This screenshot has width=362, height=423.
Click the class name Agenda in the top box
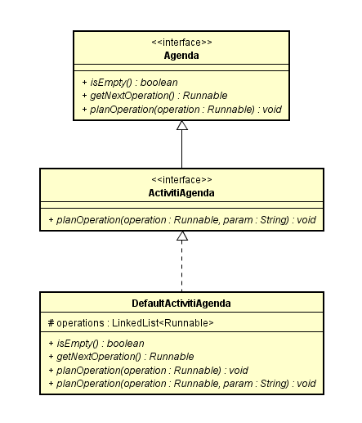pyautogui.click(x=181, y=56)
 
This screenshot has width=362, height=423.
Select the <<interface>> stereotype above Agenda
pyautogui.click(x=181, y=43)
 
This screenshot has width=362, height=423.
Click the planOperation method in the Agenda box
pyautogui.click(x=181, y=110)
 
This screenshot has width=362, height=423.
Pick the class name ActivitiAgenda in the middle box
pyautogui.click(x=181, y=193)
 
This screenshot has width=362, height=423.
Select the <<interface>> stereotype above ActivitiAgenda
pyautogui.click(x=181, y=180)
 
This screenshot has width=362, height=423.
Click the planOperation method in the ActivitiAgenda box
pyautogui.click(x=182, y=220)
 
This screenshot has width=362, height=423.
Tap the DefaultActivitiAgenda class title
pyautogui.click(x=181, y=304)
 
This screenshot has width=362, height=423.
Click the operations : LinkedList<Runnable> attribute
pyautogui.click(x=131, y=323)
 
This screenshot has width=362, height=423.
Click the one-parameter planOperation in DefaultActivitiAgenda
pyautogui.click(x=148, y=371)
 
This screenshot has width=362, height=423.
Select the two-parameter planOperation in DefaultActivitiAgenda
pyautogui.click(x=182, y=384)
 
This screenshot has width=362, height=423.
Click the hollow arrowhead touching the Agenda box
pyautogui.click(x=182, y=125)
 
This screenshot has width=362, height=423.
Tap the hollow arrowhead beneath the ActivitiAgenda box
pyautogui.click(x=182, y=236)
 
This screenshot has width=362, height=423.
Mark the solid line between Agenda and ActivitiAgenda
pyautogui.click(x=182, y=149)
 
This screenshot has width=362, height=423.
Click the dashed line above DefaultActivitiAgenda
pyautogui.click(x=182, y=266)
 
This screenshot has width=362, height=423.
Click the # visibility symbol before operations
pyautogui.click(x=51, y=323)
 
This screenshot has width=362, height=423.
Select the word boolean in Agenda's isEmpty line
pyautogui.click(x=159, y=83)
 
